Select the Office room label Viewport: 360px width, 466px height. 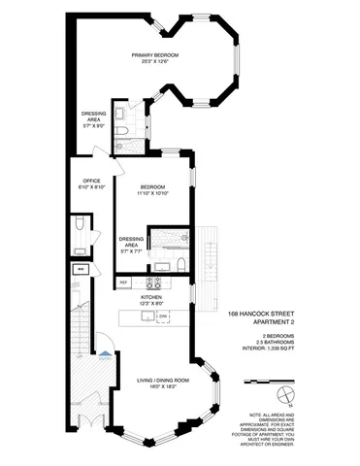click(92, 181)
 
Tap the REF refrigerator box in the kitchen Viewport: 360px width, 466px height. click(123, 283)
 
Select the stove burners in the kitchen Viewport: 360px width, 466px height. click(151, 283)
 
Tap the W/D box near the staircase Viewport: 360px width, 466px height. click(82, 269)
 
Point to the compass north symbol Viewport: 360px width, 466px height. click(282, 391)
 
